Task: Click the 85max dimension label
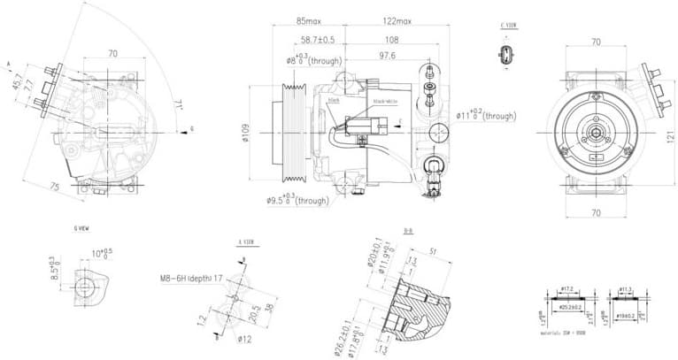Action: pyautogui.click(x=310, y=20)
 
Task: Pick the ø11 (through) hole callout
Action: pyautogui.click(x=486, y=116)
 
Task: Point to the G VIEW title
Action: pyautogui.click(x=81, y=228)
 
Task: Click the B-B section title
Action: pyautogui.click(x=408, y=231)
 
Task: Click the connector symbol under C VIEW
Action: pyautogui.click(x=507, y=55)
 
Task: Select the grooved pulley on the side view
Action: pyautogui.click(x=294, y=134)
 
